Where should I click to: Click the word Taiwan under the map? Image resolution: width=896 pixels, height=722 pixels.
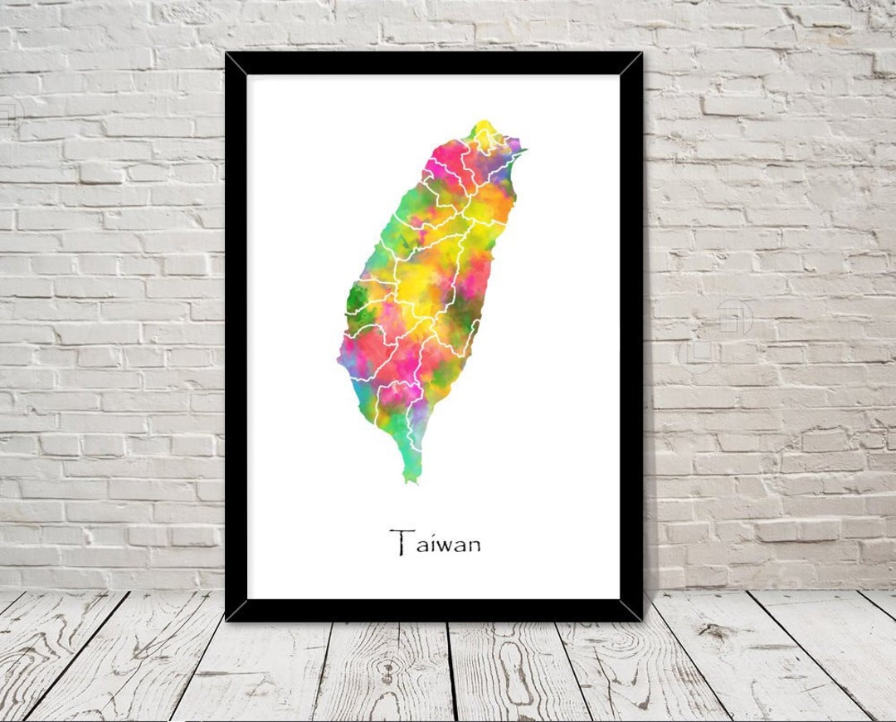click(x=436, y=544)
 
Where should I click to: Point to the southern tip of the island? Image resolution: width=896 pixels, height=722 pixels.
click(x=409, y=479)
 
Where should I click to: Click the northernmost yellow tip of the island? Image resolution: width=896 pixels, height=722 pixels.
click(x=483, y=127)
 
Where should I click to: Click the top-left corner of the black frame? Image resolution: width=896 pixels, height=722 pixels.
click(x=226, y=54)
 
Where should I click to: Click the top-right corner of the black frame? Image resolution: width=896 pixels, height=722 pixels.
click(x=641, y=54)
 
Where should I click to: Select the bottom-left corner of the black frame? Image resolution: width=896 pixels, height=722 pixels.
click(x=226, y=619)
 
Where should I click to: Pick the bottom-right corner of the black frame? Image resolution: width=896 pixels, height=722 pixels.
click(x=641, y=619)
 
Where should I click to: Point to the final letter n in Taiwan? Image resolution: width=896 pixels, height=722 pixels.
click(x=472, y=545)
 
